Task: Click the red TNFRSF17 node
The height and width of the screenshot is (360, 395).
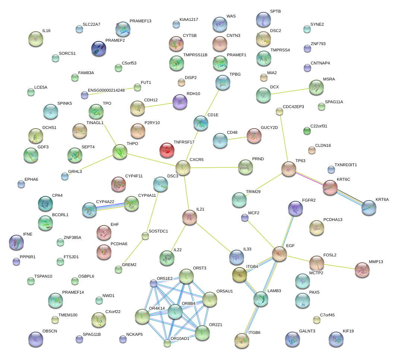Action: tap(167, 150)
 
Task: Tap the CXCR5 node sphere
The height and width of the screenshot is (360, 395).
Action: tap(183, 168)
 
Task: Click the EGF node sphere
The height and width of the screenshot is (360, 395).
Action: tap(279, 254)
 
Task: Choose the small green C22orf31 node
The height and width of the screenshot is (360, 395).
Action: tap(307, 131)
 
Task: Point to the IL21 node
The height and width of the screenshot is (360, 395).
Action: tap(189, 217)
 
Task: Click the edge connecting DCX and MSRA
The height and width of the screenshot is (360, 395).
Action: tap(290, 91)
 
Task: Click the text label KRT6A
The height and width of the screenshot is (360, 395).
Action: tap(382, 200)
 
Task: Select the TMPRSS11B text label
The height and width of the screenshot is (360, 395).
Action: tap(195, 55)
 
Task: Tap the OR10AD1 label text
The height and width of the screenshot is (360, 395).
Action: tap(180, 338)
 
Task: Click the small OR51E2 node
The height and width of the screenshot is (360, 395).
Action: tap(154, 283)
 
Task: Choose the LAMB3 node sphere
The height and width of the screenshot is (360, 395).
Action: tap(261, 299)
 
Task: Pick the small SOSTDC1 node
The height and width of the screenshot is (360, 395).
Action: tap(145, 236)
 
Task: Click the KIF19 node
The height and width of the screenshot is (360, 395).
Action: tap(336, 339)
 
